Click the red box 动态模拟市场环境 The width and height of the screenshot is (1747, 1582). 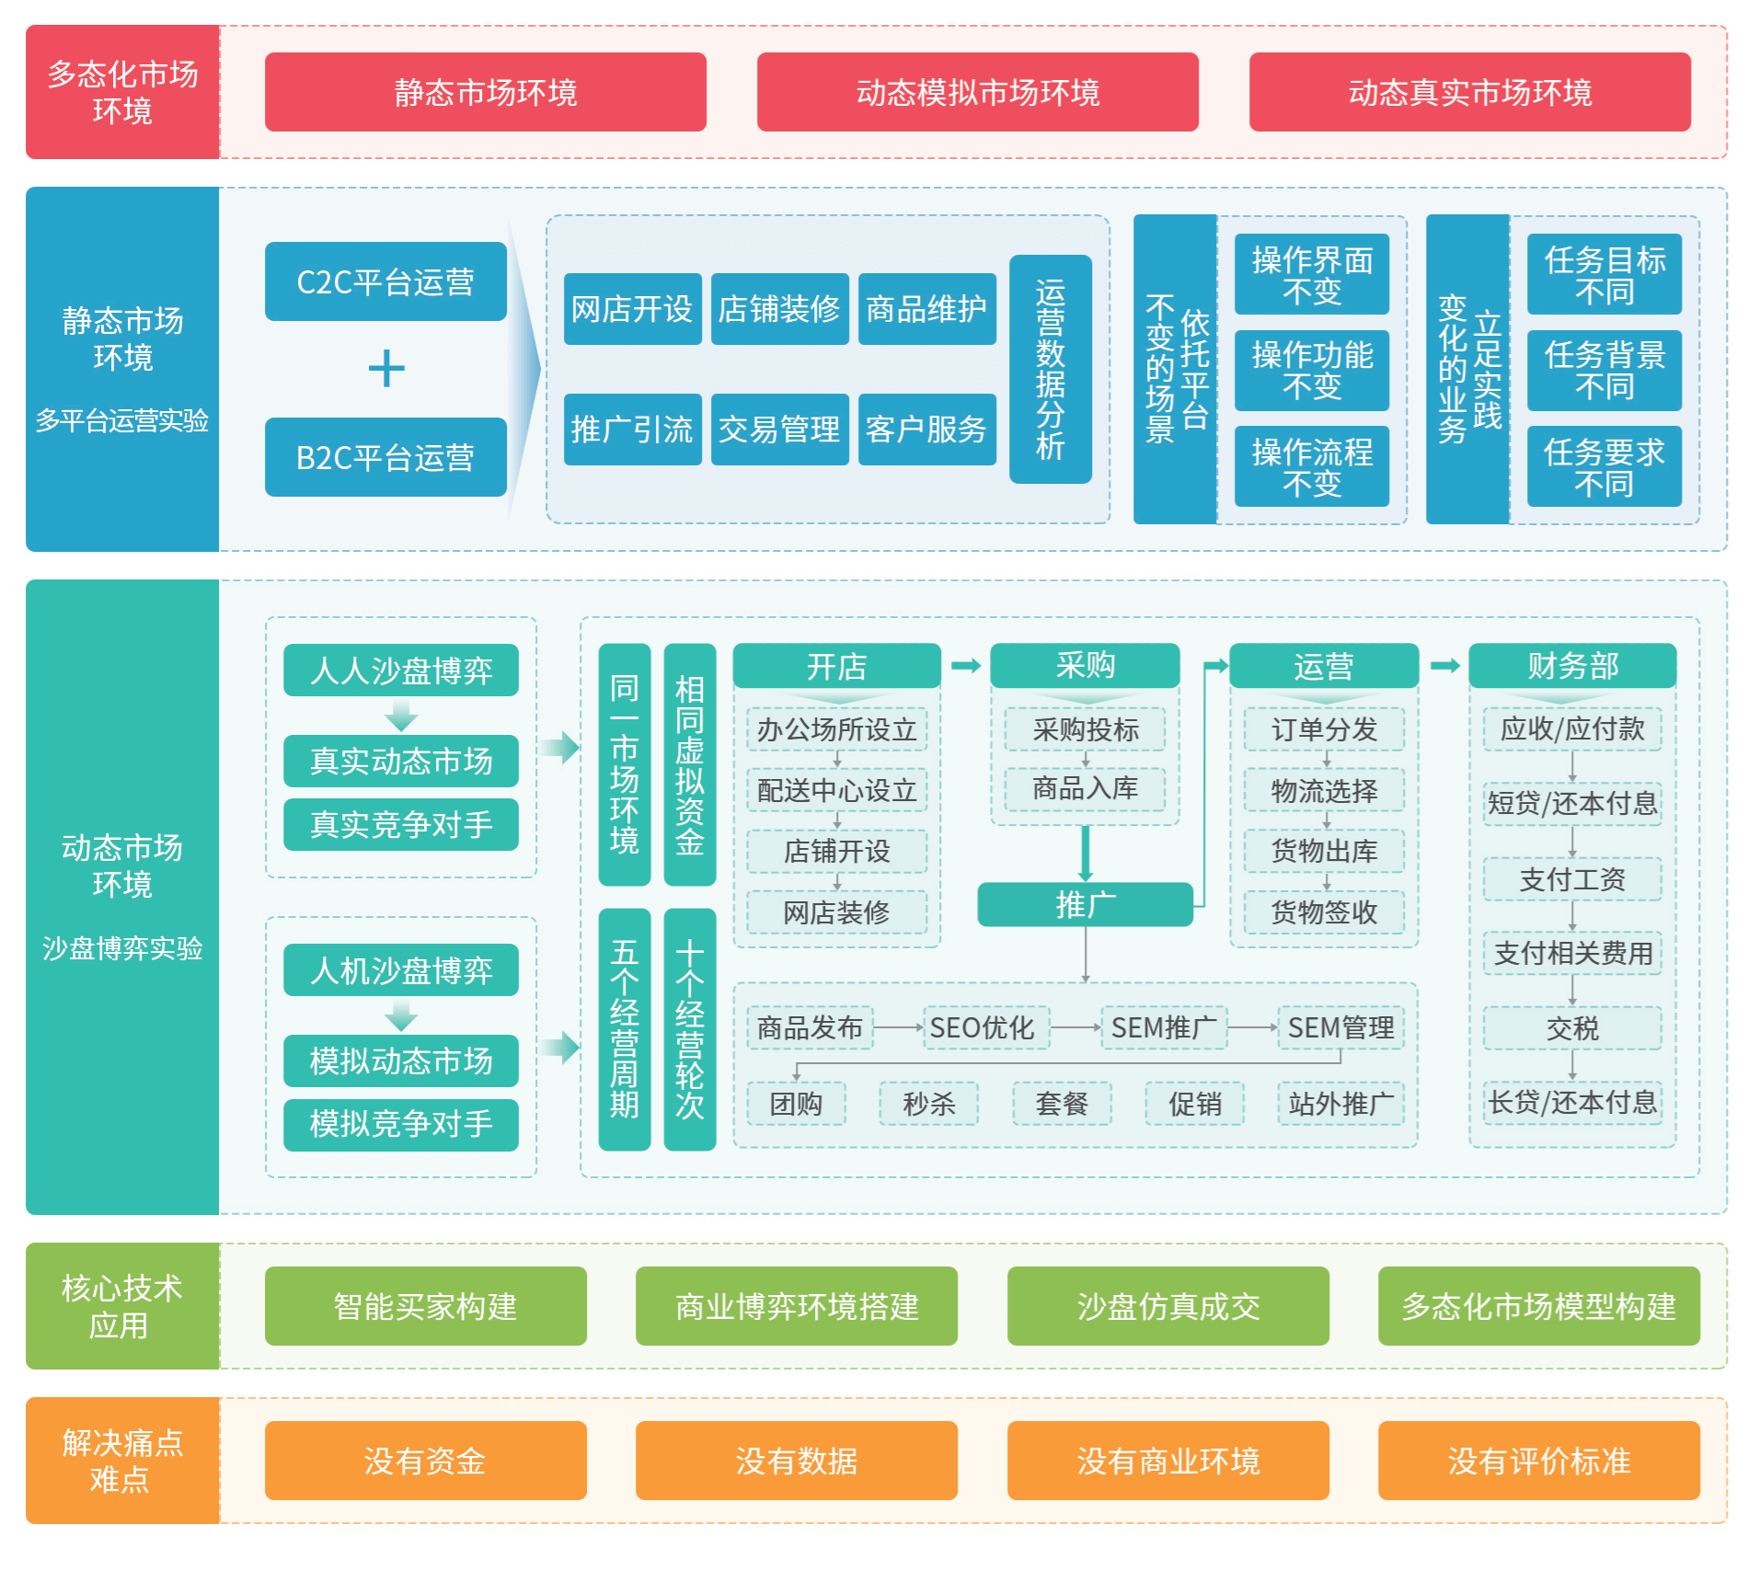pos(977,92)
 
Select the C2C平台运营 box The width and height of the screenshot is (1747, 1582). pos(385,281)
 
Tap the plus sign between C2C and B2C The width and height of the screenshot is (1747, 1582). pos(386,369)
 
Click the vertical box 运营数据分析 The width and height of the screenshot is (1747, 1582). pos(1050,369)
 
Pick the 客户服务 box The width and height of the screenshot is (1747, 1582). pos(926,430)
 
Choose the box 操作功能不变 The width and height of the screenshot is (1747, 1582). pos(1311,370)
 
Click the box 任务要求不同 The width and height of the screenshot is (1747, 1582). pos(1603,466)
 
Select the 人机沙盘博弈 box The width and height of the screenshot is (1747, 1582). pos(400,970)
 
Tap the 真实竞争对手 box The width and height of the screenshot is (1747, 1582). pos(400,824)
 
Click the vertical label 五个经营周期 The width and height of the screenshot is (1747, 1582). pos(624,1028)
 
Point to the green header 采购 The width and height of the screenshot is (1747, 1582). pos(1085,665)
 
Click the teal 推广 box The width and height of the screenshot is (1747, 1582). pos(1085,904)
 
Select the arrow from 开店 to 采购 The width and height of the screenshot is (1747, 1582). pos(965,665)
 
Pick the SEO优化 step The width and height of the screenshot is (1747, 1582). pos(982,1027)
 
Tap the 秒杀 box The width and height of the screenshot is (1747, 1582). pos(928,1104)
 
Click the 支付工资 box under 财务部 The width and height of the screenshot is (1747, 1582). pos(1571,879)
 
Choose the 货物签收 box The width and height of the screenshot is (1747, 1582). pos(1323,911)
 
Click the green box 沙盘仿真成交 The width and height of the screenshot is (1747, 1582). pos(1167,1306)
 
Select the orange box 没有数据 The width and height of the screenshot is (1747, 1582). pos(796,1461)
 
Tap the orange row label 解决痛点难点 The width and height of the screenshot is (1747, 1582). pos(121,1461)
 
